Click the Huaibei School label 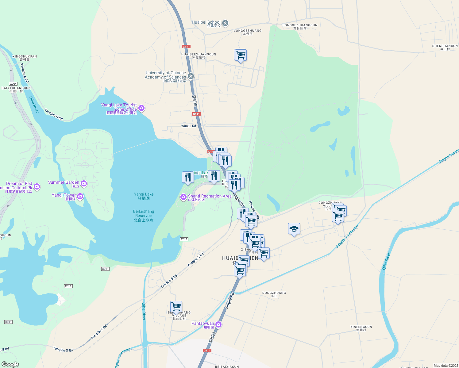pyautogui.click(x=206, y=22)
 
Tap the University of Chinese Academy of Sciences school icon pyautogui.click(x=191, y=76)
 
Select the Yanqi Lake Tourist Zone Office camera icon pyautogui.click(x=141, y=108)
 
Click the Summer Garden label pyautogui.click(x=64, y=182)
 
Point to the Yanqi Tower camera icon pyautogui.click(x=80, y=196)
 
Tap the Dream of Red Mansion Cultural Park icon pyautogui.click(x=37, y=186)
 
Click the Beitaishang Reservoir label pyautogui.click(x=144, y=216)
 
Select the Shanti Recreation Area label pyautogui.click(x=210, y=196)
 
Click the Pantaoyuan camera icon pyautogui.click(x=218, y=324)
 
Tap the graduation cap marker pyautogui.click(x=294, y=229)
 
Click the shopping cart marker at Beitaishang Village pyautogui.click(x=176, y=306)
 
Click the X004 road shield pyautogui.click(x=13, y=84)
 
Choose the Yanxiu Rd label pyautogui.click(x=188, y=126)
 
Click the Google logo pyautogui.click(x=10, y=364)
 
